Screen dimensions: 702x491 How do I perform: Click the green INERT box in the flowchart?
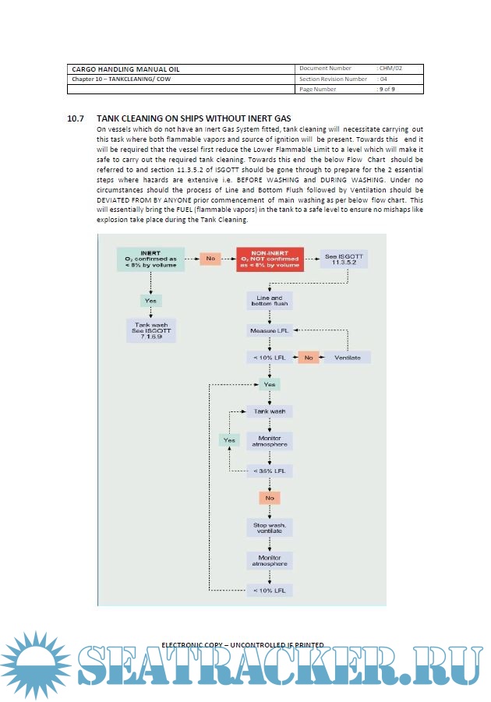[x=150, y=259]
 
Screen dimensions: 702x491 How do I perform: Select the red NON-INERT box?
[x=270, y=259]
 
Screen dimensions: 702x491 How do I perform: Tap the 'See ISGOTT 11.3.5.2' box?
[x=342, y=259]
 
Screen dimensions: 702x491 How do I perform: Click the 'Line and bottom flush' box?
[x=269, y=302]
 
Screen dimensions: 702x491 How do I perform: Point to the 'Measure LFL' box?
[x=269, y=331]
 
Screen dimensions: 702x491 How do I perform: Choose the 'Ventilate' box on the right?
[x=347, y=357]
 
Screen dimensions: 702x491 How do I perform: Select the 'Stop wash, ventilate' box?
[x=269, y=528]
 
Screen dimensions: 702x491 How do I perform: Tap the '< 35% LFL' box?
[x=269, y=471]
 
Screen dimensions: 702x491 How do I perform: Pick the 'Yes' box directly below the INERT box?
[x=150, y=300]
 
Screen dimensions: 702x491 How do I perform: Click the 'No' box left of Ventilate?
[x=308, y=357]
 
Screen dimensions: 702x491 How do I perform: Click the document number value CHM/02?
[x=390, y=69]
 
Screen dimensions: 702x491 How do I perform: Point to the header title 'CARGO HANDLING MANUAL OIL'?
[x=120, y=69]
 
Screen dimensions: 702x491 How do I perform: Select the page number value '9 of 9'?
[x=387, y=89]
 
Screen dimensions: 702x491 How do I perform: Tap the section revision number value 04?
[x=383, y=79]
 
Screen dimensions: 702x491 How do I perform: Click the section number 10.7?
[x=76, y=118]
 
